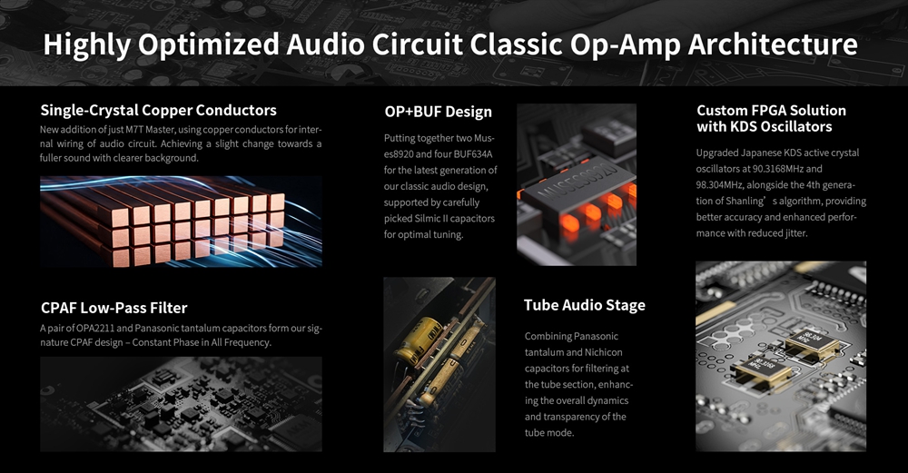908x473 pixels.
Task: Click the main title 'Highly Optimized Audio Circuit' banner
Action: point(450,44)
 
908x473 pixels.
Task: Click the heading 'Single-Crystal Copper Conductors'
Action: point(158,110)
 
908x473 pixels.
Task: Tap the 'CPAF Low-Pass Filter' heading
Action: point(114,308)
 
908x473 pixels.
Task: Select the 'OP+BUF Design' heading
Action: point(438,112)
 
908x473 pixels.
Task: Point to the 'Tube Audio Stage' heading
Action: point(584,305)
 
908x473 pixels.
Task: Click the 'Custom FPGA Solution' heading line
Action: point(771,110)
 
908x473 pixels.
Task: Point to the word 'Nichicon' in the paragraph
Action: point(604,352)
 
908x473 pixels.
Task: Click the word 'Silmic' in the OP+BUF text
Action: point(428,218)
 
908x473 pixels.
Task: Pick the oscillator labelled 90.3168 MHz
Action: point(760,369)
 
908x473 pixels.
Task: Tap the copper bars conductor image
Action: point(181,222)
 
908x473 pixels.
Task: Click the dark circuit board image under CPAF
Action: point(181,404)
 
